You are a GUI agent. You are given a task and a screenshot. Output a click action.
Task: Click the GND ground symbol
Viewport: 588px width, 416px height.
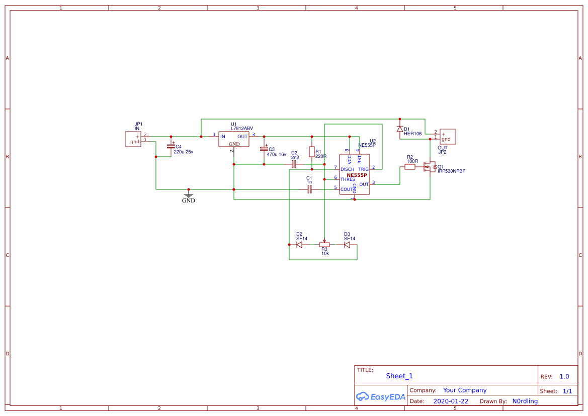pyautogui.click(x=189, y=195)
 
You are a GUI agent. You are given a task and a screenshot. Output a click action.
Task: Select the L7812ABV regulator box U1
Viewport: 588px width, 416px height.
pyautogui.click(x=234, y=139)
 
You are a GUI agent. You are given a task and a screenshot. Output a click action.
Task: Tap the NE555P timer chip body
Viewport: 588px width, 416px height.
pyautogui.click(x=355, y=175)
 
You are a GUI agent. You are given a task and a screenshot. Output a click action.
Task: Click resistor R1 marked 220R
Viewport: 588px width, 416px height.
pyautogui.click(x=312, y=152)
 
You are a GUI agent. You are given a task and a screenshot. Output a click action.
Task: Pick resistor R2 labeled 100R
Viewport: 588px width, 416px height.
pyautogui.click(x=410, y=167)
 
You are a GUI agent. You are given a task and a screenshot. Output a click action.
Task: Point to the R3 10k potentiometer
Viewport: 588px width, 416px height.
pyautogui.click(x=324, y=245)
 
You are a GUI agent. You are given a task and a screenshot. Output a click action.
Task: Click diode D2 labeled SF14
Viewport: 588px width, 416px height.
pyautogui.click(x=299, y=245)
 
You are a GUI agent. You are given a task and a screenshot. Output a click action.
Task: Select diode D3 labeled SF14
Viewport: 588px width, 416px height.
pyautogui.click(x=347, y=245)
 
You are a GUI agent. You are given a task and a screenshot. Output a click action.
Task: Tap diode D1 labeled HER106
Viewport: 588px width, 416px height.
pyautogui.click(x=400, y=129)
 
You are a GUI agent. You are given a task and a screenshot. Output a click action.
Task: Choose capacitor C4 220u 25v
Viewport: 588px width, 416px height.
pyautogui.click(x=171, y=146)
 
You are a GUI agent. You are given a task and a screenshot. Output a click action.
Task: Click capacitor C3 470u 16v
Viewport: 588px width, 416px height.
pyautogui.click(x=264, y=149)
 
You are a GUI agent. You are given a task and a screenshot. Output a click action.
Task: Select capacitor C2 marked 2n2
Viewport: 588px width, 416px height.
pyautogui.click(x=294, y=164)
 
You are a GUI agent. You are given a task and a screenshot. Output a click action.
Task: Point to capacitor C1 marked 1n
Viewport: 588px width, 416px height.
pyautogui.click(x=310, y=189)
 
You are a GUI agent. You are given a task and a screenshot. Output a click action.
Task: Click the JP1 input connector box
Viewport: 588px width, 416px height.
pyautogui.click(x=134, y=139)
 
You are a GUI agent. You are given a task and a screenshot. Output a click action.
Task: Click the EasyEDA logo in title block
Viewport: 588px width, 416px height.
pyautogui.click(x=380, y=396)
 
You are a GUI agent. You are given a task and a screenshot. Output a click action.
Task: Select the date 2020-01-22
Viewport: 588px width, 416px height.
pyautogui.click(x=451, y=401)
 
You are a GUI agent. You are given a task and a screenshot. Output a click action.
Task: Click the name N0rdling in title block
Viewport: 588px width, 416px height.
pyautogui.click(x=525, y=401)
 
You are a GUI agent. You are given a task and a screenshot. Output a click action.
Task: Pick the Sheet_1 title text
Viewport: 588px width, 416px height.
pyautogui.click(x=399, y=376)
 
